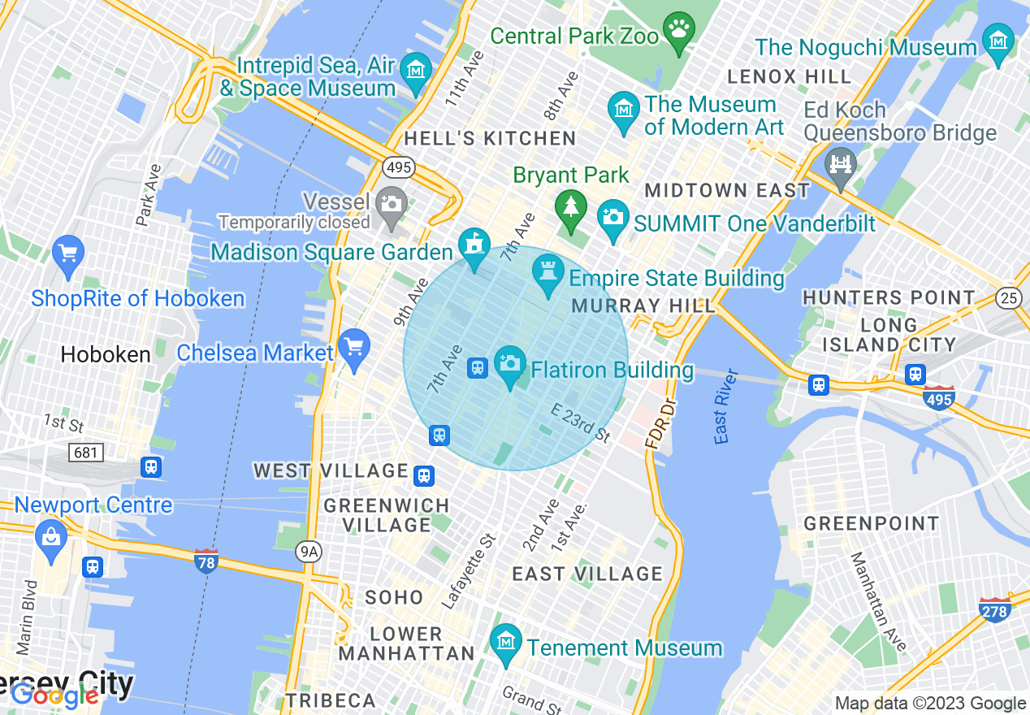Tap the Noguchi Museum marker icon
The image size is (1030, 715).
(998, 41)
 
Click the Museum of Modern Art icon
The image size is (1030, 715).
(623, 110)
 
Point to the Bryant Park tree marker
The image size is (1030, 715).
(571, 206)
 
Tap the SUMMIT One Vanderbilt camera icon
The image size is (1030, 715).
(613, 217)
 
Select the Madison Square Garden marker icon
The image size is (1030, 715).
(474, 245)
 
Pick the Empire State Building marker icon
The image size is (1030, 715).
(548, 271)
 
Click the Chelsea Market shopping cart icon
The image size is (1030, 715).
(354, 347)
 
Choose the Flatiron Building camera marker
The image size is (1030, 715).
(510, 363)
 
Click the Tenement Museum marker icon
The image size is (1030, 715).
(506, 642)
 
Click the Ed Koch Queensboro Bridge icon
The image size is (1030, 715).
(840, 162)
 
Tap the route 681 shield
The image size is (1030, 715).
(85, 452)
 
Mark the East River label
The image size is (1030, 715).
(725, 406)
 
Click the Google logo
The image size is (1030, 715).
(55, 695)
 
